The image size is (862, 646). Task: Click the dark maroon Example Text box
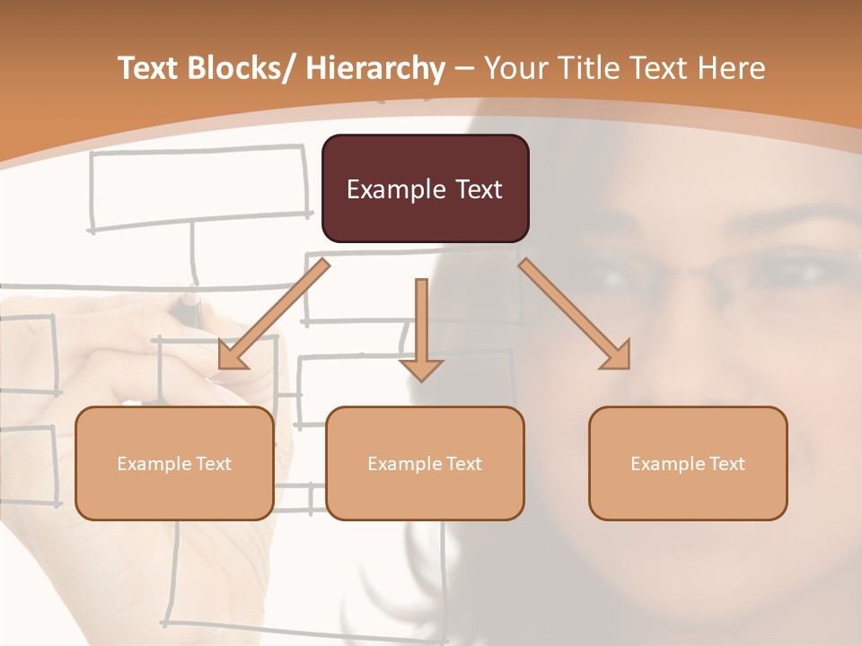[425, 188]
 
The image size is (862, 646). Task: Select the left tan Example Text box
[174, 463]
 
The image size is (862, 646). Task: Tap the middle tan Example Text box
[425, 463]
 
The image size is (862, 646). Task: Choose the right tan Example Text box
[688, 463]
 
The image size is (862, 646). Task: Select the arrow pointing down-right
[575, 314]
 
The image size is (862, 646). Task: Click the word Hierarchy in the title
[375, 68]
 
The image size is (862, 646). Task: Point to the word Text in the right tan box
[726, 463]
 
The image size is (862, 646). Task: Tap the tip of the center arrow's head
[421, 381]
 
